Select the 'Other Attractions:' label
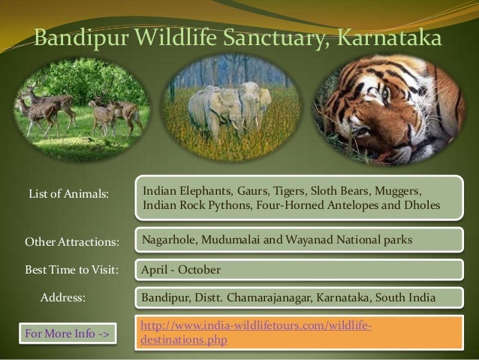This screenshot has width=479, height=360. [73, 243]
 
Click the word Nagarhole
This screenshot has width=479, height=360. [169, 241]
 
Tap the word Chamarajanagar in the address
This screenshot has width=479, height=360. [270, 298]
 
